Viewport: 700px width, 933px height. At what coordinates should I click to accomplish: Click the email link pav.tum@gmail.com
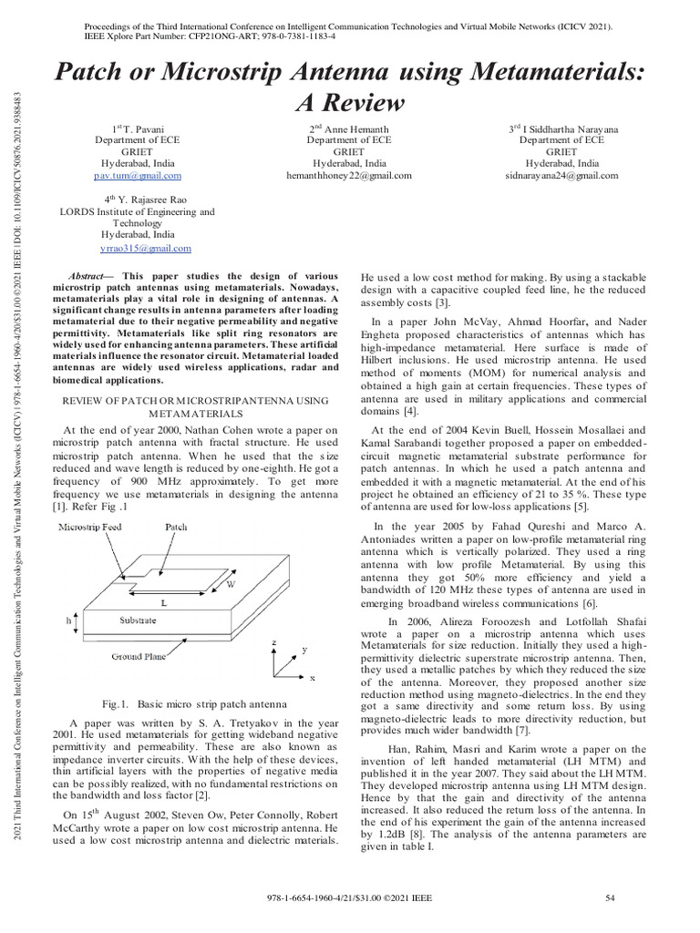click(x=139, y=175)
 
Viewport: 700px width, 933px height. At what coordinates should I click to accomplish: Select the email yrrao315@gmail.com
click(x=145, y=248)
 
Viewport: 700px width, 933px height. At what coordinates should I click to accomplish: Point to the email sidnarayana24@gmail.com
click(x=561, y=175)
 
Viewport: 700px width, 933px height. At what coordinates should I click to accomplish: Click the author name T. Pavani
click(x=146, y=129)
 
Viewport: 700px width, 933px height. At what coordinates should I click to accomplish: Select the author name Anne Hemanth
click(x=356, y=129)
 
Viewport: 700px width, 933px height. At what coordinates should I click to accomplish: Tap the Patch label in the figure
click(x=201, y=528)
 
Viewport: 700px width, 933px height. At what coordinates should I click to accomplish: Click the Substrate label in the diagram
click(x=139, y=620)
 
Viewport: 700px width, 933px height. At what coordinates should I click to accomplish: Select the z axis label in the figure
click(x=274, y=642)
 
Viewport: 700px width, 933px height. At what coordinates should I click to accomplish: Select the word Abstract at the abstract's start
click(x=90, y=275)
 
